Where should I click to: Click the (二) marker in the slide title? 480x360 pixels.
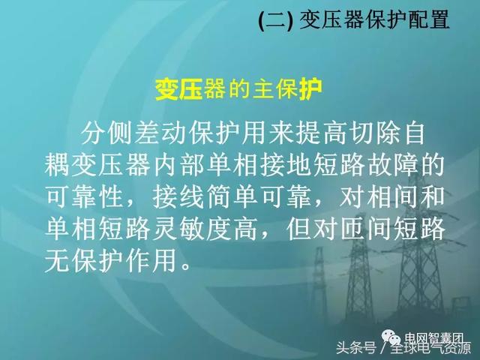pyautogui.click(x=275, y=20)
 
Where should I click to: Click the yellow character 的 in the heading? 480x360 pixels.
pyautogui.click(x=238, y=89)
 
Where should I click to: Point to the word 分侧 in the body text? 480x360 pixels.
pyautogui.click(x=107, y=133)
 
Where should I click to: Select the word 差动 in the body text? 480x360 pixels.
pyautogui.click(x=161, y=133)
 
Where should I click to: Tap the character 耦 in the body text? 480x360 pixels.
pyautogui.click(x=57, y=166)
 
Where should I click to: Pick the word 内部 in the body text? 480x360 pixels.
pyautogui.click(x=178, y=166)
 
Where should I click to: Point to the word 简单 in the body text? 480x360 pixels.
pyautogui.click(x=232, y=197)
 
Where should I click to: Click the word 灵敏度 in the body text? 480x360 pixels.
pyautogui.click(x=192, y=229)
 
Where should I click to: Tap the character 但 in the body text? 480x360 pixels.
pyautogui.click(x=300, y=229)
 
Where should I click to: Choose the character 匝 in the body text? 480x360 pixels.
pyautogui.click(x=353, y=229)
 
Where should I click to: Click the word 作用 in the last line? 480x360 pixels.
pyautogui.click(x=151, y=261)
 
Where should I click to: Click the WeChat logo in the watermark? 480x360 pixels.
pyautogui.click(x=391, y=337)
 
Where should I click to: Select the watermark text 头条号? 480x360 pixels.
pyautogui.click(x=356, y=348)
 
